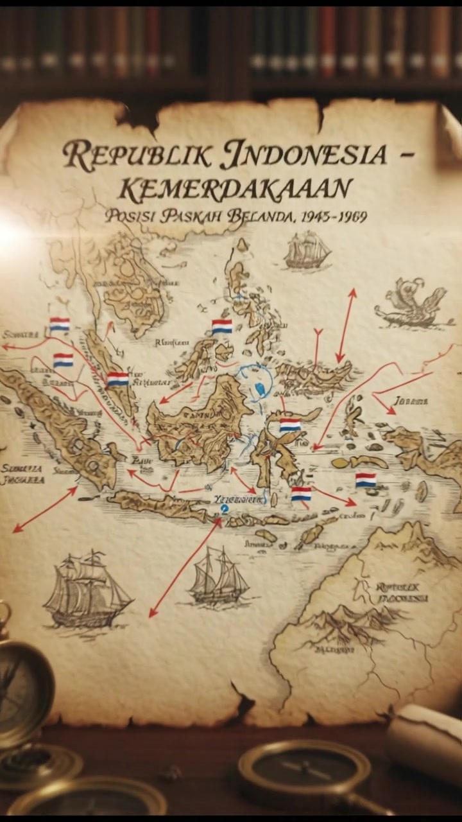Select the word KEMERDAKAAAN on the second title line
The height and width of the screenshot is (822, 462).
(x=236, y=188)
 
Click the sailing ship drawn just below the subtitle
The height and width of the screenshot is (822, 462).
(x=307, y=250)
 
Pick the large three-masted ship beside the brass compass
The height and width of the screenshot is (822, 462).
(x=86, y=589)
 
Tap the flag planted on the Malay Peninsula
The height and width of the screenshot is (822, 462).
(x=118, y=379)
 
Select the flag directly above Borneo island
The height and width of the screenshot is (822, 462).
(x=222, y=326)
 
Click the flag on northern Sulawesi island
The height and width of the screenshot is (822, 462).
(x=290, y=425)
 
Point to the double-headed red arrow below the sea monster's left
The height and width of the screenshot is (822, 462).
(x=346, y=326)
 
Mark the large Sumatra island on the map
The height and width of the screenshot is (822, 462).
(x=61, y=424)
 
